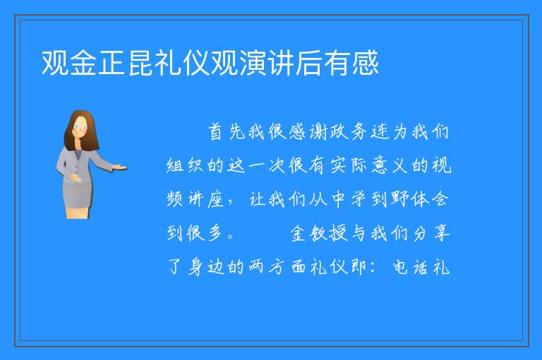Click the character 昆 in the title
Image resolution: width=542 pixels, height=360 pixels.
coord(141,63)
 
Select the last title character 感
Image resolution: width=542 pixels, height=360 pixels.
coord(366,63)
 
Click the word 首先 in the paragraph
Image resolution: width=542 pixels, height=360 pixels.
coord(227,132)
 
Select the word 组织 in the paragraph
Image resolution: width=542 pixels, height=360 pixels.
coord(185,165)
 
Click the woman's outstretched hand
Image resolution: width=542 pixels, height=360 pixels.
coord(120,168)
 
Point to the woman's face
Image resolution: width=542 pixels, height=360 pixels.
coord(80,128)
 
